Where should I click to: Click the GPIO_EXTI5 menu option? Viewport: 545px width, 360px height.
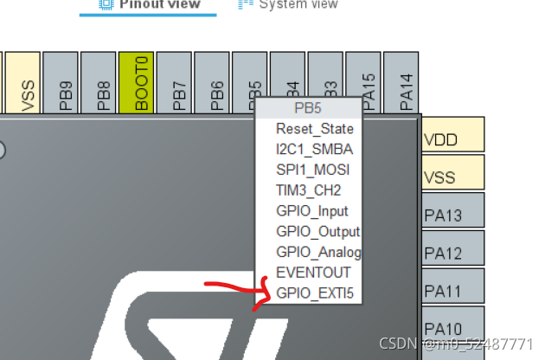(x=315, y=293)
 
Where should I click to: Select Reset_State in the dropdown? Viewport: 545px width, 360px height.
(x=315, y=128)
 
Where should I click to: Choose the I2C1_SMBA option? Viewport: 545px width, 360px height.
(x=315, y=149)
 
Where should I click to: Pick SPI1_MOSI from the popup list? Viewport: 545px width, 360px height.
(x=313, y=170)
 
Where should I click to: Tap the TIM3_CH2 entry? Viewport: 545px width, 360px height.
(x=309, y=190)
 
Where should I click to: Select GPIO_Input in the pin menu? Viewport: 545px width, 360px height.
(x=312, y=210)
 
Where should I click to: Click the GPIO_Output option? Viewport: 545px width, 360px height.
(x=317, y=231)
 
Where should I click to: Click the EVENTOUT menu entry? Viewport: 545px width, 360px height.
(x=314, y=273)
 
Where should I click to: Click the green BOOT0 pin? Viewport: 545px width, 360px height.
(x=137, y=83)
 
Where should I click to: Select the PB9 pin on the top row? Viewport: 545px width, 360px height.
(x=61, y=83)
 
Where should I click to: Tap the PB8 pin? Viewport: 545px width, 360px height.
(x=99, y=83)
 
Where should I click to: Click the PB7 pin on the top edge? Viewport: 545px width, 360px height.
(x=175, y=83)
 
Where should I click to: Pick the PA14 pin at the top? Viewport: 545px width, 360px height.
(x=402, y=83)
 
